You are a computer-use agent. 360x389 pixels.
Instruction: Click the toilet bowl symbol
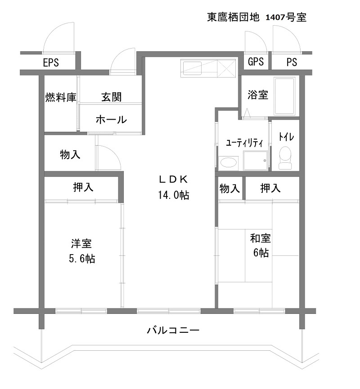point(285,158)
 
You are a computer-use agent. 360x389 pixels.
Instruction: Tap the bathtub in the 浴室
point(284,96)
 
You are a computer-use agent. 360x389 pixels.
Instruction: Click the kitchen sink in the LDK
point(192,68)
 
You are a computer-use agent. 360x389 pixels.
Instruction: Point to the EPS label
point(51,63)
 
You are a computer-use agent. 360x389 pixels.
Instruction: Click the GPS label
point(256,62)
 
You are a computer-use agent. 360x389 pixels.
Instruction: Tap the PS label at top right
point(292,62)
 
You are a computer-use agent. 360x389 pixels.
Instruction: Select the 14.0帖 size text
point(174,195)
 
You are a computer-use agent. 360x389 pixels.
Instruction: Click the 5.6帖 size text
point(82,259)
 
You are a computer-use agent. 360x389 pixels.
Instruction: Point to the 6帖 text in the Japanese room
point(261,253)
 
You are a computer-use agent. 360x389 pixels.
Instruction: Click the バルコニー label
point(173,330)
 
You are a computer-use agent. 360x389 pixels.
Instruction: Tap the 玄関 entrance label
point(112,97)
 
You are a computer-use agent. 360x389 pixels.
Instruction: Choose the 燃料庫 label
point(61,97)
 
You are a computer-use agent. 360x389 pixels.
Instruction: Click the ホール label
point(111,120)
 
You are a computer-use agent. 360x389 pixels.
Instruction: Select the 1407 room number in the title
point(275,18)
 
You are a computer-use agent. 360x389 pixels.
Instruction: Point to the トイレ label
point(286,137)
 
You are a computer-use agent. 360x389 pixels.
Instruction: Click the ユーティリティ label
point(244,143)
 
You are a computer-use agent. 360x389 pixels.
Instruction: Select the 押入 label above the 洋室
point(83,188)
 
